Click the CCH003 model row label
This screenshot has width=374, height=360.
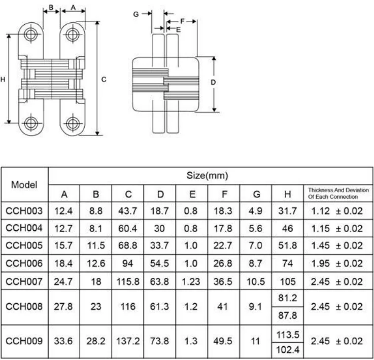[x=24, y=211]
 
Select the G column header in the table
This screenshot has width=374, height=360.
[x=256, y=194]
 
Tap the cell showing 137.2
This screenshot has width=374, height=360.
[x=128, y=341]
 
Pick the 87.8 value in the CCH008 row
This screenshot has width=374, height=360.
[x=287, y=315]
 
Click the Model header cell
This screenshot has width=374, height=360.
[x=24, y=185]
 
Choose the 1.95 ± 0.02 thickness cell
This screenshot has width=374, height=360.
[x=337, y=264]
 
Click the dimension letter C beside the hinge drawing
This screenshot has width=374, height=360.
[x=104, y=79]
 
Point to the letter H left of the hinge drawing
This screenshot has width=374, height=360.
[x=4, y=79]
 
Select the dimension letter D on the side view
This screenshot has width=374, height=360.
[x=214, y=82]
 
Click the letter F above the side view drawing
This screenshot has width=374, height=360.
[x=182, y=21]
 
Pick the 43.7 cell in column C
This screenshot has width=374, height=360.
[x=128, y=211]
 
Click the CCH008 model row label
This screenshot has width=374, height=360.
[x=24, y=306]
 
